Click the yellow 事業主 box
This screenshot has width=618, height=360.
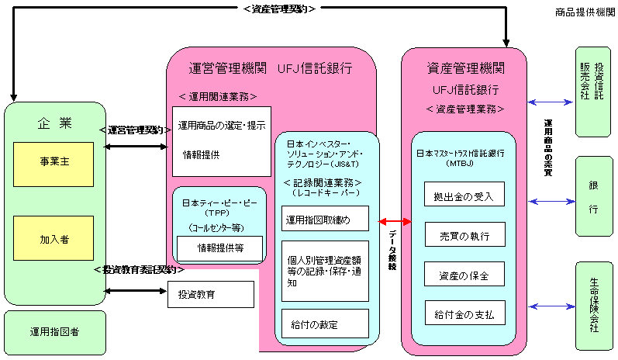tap(54, 163)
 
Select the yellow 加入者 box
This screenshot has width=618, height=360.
tap(54, 238)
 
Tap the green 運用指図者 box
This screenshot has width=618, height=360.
tap(54, 331)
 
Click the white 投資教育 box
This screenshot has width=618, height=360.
tap(211, 294)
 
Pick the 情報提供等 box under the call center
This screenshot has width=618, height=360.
tap(221, 248)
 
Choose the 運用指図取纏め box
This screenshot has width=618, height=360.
tap(325, 219)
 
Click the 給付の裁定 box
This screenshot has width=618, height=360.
tap(325, 324)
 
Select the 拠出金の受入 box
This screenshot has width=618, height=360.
tap(464, 194)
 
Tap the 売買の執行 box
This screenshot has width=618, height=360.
tap(464, 234)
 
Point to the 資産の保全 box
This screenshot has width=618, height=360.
tap(464, 275)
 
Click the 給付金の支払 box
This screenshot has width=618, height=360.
tap(464, 315)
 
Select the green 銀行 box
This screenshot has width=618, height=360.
tap(594, 199)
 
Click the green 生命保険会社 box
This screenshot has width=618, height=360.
tap(594, 306)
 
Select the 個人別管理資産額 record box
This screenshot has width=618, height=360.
tap(325, 271)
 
